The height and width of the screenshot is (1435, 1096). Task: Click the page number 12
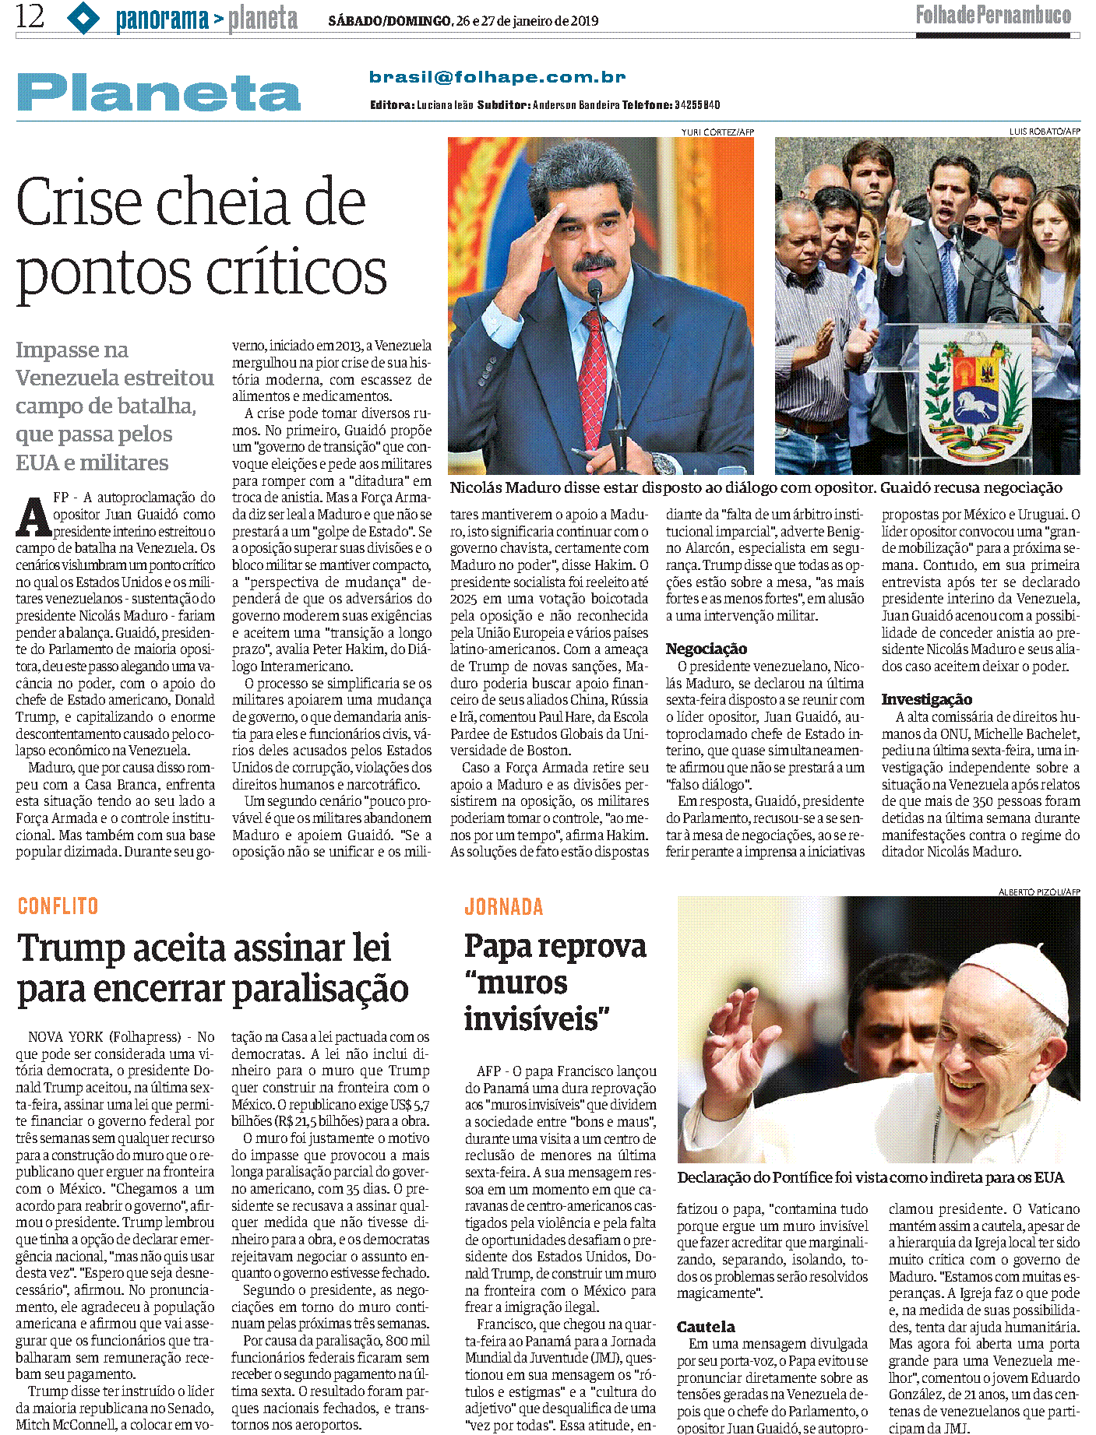[x=30, y=16]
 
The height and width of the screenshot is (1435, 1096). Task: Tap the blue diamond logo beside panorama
[x=83, y=18]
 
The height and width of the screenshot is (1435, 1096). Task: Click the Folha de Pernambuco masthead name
[x=993, y=15]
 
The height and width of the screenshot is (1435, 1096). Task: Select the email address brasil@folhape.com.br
[x=497, y=77]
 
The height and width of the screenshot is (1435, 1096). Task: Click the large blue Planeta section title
[x=159, y=93]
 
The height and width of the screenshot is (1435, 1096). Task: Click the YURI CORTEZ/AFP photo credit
[x=717, y=132]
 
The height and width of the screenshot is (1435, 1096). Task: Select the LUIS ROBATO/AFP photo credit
[x=1044, y=132]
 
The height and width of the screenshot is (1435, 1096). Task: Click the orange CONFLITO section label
[x=58, y=906]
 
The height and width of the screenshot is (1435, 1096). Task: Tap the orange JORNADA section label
[x=503, y=907]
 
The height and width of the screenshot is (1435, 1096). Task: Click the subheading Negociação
[x=706, y=649]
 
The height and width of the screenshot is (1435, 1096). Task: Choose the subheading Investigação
[x=926, y=699]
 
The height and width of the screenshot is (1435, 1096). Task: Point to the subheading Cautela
[x=706, y=1327]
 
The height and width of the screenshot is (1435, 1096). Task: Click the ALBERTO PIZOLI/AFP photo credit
[x=1038, y=892]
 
